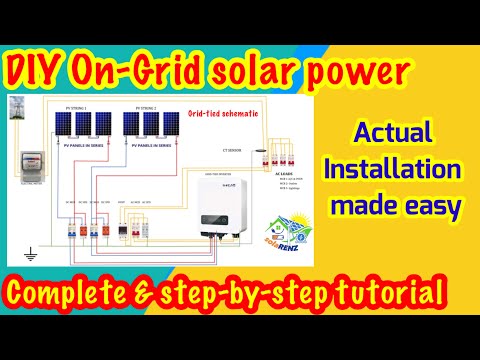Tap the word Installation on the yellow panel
pyautogui.click(x=405, y=170)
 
